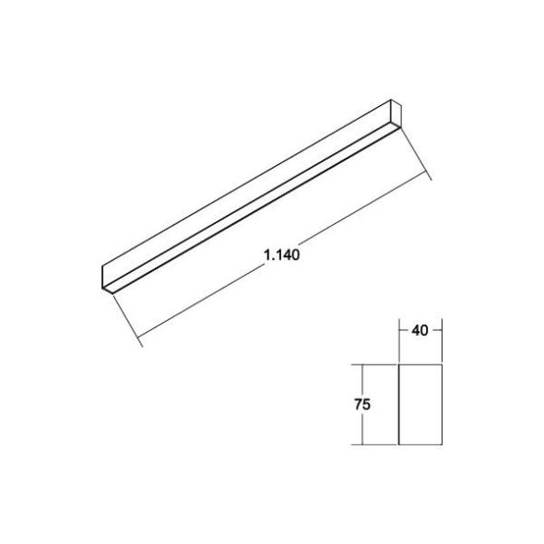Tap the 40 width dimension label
pyautogui.click(x=420, y=328)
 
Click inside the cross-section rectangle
pyautogui.click(x=420, y=404)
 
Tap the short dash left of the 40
pyautogui.click(x=403, y=328)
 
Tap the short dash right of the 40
pyautogui.click(x=437, y=328)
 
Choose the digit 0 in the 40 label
pyautogui.click(x=424, y=328)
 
